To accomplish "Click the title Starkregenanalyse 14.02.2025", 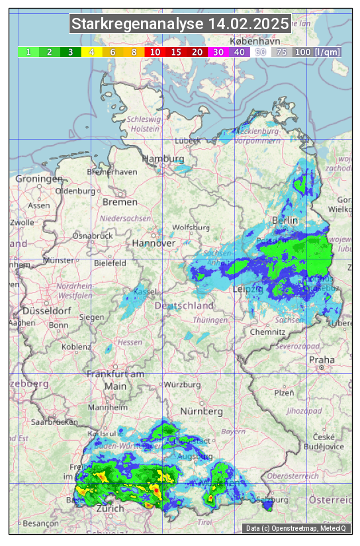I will pyautogui.click(x=180, y=24).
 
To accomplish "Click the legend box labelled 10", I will pyautogui.click(x=155, y=52).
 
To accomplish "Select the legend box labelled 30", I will pyautogui.click(x=218, y=52).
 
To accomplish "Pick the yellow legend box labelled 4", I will pyautogui.click(x=91, y=52).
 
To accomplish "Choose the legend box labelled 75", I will pyautogui.click(x=281, y=52).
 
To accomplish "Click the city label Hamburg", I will pyautogui.click(x=163, y=159).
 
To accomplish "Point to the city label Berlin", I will pyautogui.click(x=285, y=220).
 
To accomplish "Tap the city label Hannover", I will pyautogui.click(x=154, y=243).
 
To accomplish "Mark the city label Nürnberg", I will pyautogui.click(x=201, y=412).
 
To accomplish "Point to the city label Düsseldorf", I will pyautogui.click(x=46, y=310).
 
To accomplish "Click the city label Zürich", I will pyautogui.click(x=110, y=509).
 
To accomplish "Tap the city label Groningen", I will pyautogui.click(x=38, y=179).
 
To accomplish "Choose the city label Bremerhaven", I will pyautogui.click(x=112, y=172).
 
